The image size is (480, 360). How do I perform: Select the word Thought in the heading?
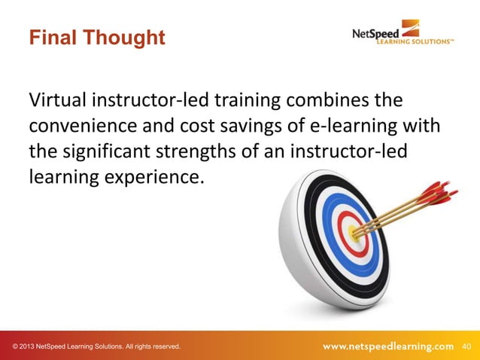tap(126, 37)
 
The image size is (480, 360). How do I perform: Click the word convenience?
tap(84, 126)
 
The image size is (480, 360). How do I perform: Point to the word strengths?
tap(214, 151)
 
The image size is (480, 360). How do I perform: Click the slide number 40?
tap(466, 346)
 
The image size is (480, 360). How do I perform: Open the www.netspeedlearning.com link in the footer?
tap(388, 346)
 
